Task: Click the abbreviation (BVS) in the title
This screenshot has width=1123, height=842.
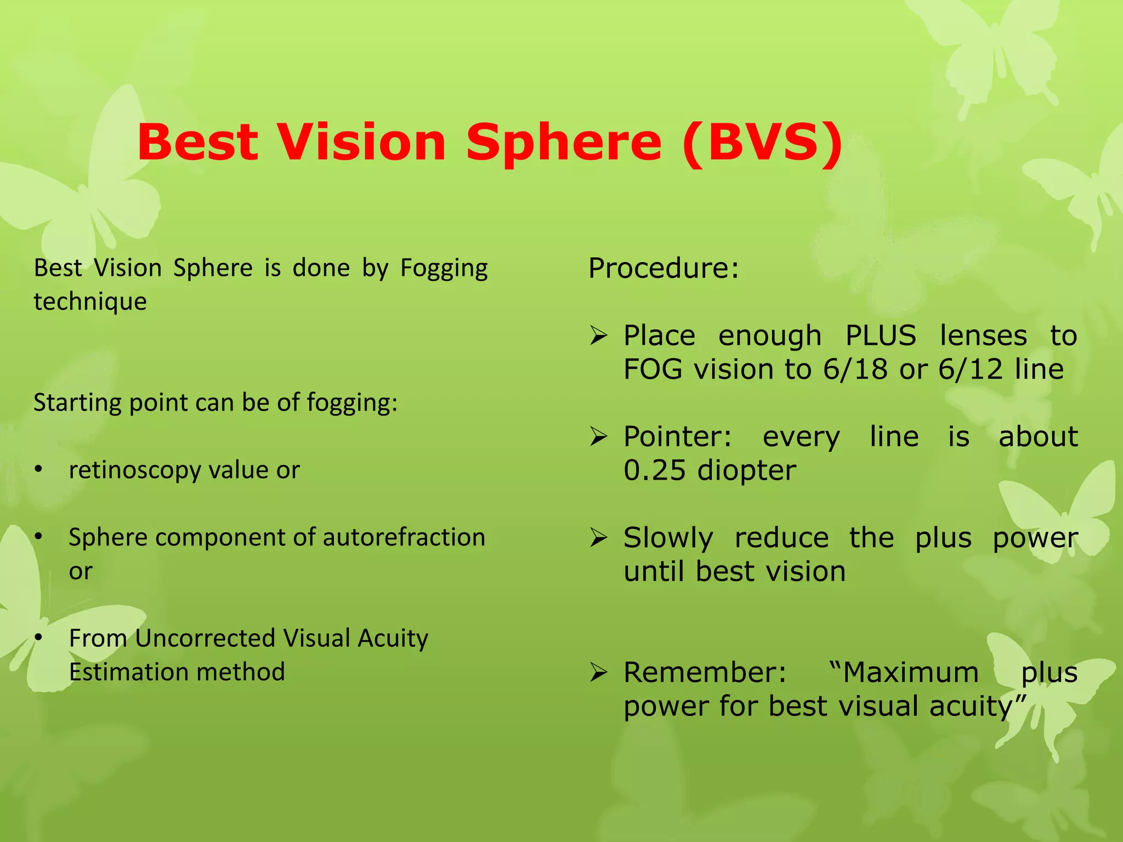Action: click(x=762, y=142)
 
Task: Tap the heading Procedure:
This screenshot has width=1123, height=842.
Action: click(x=663, y=268)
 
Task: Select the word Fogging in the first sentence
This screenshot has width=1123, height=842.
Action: click(x=444, y=269)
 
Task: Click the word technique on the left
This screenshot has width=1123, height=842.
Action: click(x=90, y=302)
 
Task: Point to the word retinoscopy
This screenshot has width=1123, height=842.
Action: click(x=135, y=470)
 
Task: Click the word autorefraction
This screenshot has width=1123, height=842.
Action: click(x=404, y=537)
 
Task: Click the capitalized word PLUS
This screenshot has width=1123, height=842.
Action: click(x=881, y=335)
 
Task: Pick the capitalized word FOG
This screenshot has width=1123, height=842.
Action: click(x=655, y=369)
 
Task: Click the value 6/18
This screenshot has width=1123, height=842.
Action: click(x=855, y=369)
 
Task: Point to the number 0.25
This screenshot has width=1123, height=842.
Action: click(x=655, y=470)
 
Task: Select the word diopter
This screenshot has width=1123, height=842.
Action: click(x=747, y=470)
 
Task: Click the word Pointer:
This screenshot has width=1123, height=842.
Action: click(x=678, y=437)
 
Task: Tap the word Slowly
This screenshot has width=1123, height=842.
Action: click(x=668, y=538)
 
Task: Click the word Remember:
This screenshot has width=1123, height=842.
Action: click(x=705, y=672)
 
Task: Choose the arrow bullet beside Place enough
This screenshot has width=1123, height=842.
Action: click(x=598, y=335)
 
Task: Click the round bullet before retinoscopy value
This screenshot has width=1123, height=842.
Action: click(x=38, y=469)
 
